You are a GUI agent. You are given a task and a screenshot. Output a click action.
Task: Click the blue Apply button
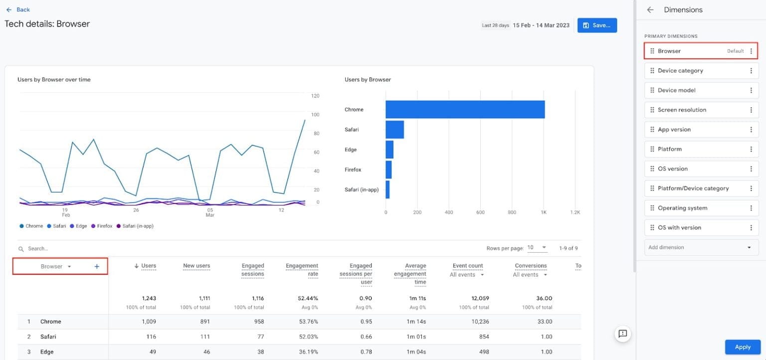pyautogui.click(x=742, y=347)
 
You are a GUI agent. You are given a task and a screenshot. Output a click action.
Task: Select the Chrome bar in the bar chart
pyautogui.click(x=465, y=110)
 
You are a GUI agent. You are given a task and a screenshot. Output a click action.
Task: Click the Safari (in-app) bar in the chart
pyautogui.click(x=387, y=189)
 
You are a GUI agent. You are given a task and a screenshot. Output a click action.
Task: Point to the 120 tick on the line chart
pyautogui.click(x=315, y=96)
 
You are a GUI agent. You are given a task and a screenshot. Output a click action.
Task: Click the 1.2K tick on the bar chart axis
pyautogui.click(x=575, y=212)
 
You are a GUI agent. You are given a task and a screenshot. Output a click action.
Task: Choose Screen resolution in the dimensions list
pyautogui.click(x=682, y=110)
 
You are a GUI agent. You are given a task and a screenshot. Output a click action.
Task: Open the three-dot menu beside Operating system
pyautogui.click(x=751, y=208)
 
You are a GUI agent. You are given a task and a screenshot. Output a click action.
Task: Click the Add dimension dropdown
pyautogui.click(x=701, y=247)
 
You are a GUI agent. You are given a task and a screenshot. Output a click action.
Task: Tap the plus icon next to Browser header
pyautogui.click(x=97, y=267)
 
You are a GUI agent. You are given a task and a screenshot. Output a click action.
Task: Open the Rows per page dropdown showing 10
pyautogui.click(x=537, y=248)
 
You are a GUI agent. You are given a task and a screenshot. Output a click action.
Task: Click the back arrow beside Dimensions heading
pyautogui.click(x=650, y=10)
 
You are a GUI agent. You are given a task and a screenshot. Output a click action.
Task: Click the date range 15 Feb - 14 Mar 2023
pyautogui.click(x=541, y=25)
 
